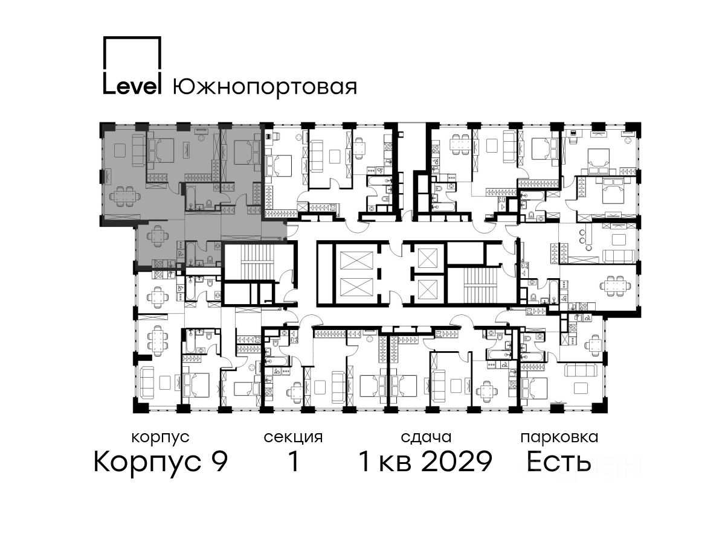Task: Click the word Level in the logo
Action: tap(132, 86)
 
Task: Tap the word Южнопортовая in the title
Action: tap(265, 87)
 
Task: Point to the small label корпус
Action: tap(160, 438)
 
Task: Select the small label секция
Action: tap(293, 438)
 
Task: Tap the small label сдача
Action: tap(426, 438)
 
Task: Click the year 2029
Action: tap(457, 462)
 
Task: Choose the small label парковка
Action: tap(559, 438)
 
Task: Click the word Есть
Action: tap(558, 462)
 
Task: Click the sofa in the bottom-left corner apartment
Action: tap(147, 383)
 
